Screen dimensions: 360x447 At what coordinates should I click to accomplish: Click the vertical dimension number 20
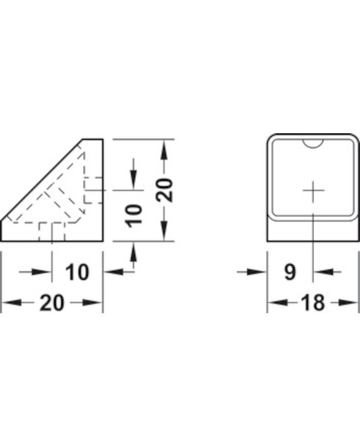click(165, 190)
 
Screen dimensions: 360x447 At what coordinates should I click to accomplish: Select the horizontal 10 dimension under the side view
click(77, 272)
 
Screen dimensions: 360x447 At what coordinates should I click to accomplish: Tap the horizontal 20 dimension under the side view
click(52, 303)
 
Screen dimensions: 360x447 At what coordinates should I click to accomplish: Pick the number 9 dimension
click(290, 272)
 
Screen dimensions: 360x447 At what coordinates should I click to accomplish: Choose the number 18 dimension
click(313, 303)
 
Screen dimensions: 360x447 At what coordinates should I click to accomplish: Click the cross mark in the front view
click(313, 190)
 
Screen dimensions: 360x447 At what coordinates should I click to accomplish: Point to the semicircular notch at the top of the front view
click(313, 144)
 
